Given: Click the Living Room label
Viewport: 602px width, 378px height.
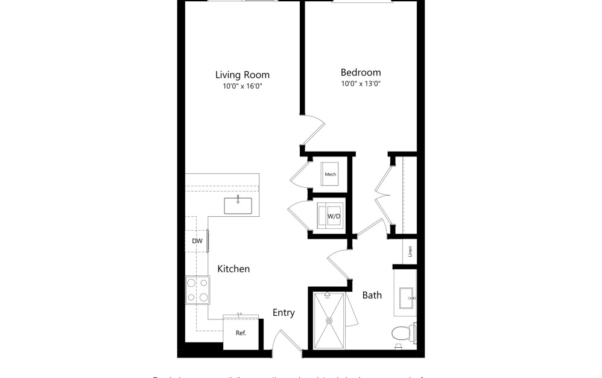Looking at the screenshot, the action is coord(242,75).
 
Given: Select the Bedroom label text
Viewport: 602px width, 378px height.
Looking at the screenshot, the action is coord(361,72).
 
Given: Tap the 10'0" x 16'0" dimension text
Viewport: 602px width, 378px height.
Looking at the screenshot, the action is coord(242,86).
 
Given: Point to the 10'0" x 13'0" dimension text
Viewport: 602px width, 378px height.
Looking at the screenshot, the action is coord(361,84).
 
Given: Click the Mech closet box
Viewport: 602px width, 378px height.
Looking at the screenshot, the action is coord(330,175).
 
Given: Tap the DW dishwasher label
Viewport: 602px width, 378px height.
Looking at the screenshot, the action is coord(197,241).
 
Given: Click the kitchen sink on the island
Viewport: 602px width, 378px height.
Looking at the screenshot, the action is coord(238,206).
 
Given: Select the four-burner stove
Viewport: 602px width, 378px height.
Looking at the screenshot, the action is coord(198,290).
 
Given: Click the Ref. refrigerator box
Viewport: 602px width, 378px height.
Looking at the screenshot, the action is coord(240,333).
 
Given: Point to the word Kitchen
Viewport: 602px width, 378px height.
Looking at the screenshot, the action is coord(233,269).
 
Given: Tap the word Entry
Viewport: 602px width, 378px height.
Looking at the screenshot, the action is coord(284,312).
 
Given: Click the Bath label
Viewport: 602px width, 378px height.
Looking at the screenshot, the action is coord(372,295).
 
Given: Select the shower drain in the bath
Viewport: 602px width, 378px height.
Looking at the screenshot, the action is coord(330,321).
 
